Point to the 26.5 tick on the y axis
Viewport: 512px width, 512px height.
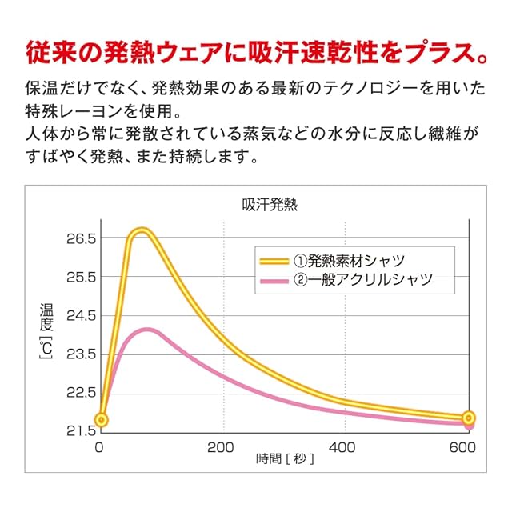pyautogui.click(x=80, y=238)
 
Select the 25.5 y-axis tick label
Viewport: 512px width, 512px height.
pyautogui.click(x=80, y=277)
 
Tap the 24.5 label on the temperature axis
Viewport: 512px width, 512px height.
pyautogui.click(x=80, y=315)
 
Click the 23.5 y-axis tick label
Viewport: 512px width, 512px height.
pyautogui.click(x=80, y=354)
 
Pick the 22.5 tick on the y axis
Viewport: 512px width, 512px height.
pyautogui.click(x=80, y=392)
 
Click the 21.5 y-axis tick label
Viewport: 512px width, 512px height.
pyautogui.click(x=80, y=430)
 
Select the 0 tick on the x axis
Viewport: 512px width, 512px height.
pyautogui.click(x=100, y=448)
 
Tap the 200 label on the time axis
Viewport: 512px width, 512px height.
pyautogui.click(x=221, y=448)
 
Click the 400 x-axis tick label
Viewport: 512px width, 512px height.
pyautogui.click(x=343, y=448)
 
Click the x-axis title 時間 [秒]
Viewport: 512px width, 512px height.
pyautogui.click(x=286, y=459)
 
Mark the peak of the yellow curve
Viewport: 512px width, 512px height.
pyautogui.click(x=142, y=232)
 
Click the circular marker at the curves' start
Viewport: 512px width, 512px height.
pyautogui.click(x=101, y=419)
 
